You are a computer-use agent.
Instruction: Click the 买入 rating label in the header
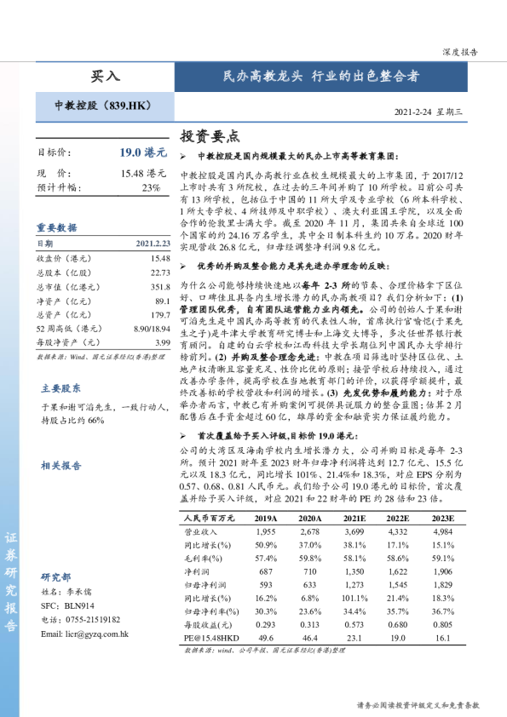(x=106, y=76)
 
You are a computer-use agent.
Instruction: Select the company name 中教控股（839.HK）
(x=102, y=106)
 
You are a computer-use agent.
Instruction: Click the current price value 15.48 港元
(x=143, y=173)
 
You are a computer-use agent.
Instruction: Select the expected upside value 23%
(x=151, y=187)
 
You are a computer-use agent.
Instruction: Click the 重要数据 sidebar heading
(x=56, y=227)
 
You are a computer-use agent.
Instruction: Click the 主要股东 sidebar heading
(x=61, y=388)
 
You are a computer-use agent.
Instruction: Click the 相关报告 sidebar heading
(x=61, y=465)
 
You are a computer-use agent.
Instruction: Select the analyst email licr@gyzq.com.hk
(x=84, y=634)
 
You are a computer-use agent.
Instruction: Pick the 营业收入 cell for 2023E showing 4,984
(x=443, y=531)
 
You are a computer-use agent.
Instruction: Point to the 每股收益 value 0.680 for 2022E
(x=399, y=622)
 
